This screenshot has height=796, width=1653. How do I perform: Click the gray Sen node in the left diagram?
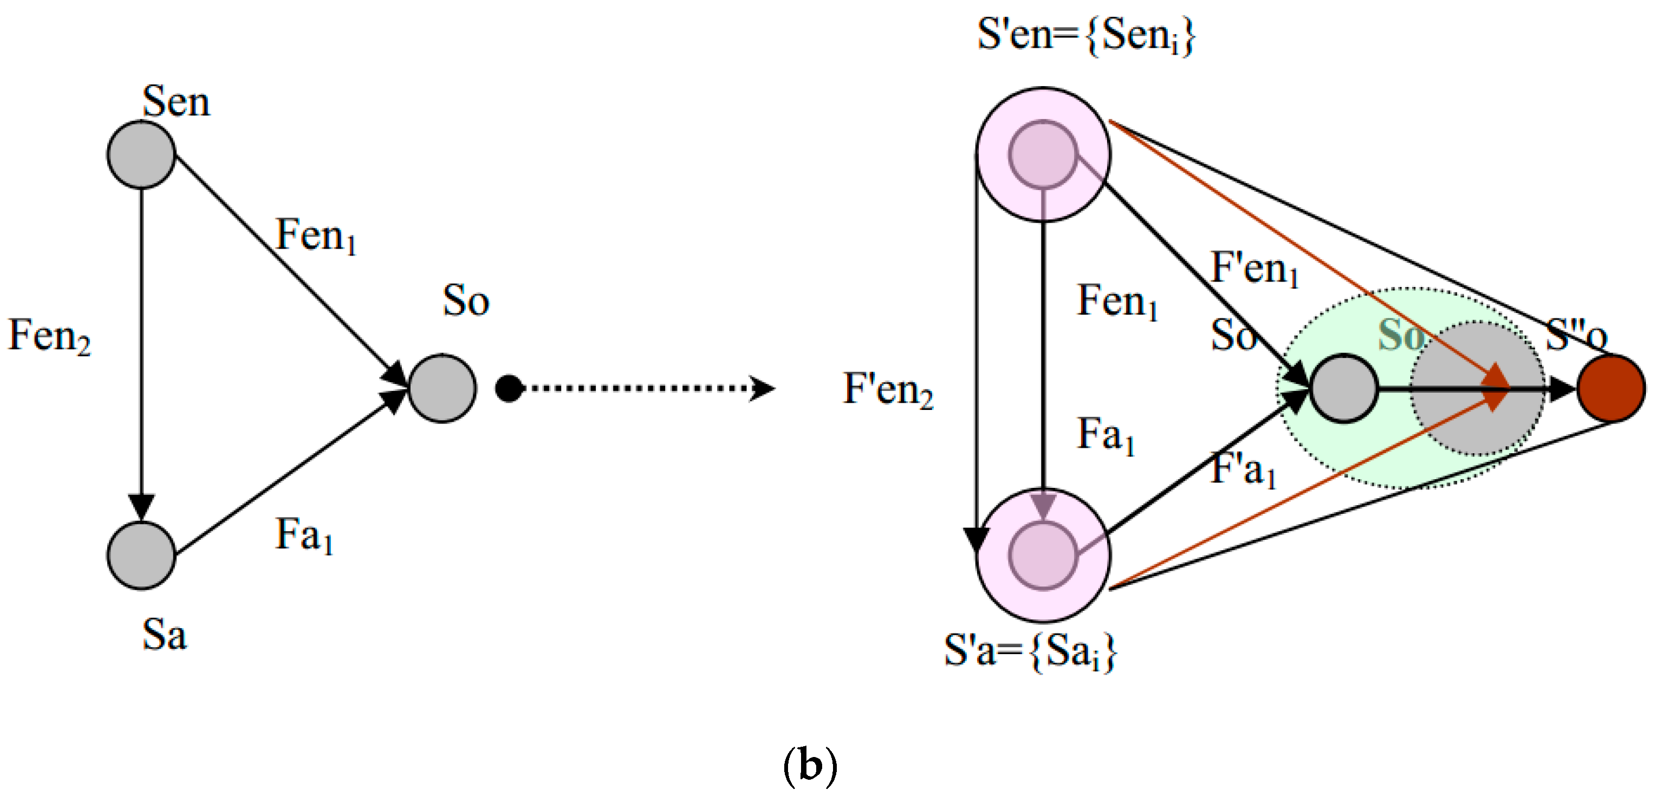(141, 154)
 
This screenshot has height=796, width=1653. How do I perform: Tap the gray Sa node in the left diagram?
(141, 556)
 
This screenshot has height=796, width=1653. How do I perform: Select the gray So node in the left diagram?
(442, 388)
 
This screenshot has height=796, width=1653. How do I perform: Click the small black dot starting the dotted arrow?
(510, 388)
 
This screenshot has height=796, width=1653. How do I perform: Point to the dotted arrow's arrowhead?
(764, 388)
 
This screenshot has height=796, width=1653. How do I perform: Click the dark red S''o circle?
(1611, 388)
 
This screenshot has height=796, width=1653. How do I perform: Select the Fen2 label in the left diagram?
(49, 336)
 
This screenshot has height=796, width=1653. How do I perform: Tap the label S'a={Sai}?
(1031, 651)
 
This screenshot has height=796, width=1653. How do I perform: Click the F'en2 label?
(888, 389)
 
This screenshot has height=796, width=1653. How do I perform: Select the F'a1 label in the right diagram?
(1244, 469)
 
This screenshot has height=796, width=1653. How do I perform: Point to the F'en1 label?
(1254, 268)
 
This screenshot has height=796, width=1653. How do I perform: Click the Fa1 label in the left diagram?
(304, 535)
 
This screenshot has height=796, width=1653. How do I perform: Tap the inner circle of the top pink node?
(1043, 154)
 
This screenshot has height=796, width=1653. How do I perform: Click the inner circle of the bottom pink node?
(1043, 556)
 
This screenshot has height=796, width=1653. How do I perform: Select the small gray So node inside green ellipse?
(1343, 388)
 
